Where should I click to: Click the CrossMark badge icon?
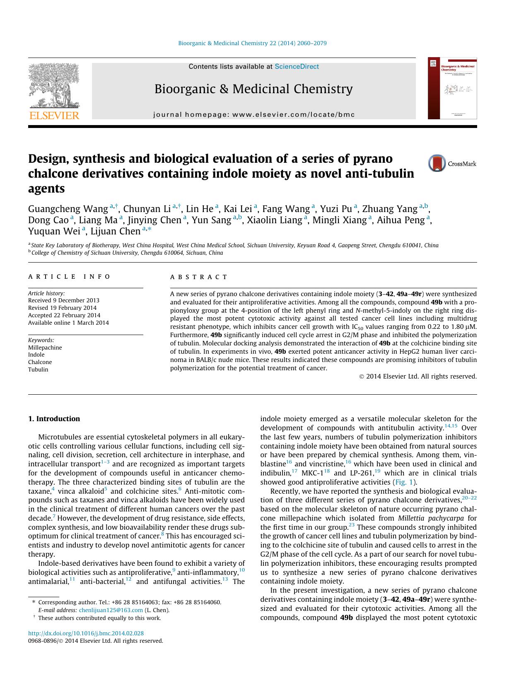point(437,163)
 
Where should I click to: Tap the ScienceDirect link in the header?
point(297,66)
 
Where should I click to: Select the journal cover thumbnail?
point(452,88)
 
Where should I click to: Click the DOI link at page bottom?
point(86,633)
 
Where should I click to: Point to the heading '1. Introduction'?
point(54,419)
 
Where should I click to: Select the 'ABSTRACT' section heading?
point(199,277)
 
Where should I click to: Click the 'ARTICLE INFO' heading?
point(69,277)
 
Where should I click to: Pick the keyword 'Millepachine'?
point(45,347)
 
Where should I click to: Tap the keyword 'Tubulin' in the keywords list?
point(38,369)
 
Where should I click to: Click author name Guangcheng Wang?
point(68,209)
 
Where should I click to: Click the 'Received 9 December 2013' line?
point(64,300)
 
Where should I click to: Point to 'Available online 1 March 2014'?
point(68,323)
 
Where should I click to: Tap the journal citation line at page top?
point(252,43)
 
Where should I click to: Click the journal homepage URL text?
point(253,115)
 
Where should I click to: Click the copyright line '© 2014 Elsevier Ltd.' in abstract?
point(418,376)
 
